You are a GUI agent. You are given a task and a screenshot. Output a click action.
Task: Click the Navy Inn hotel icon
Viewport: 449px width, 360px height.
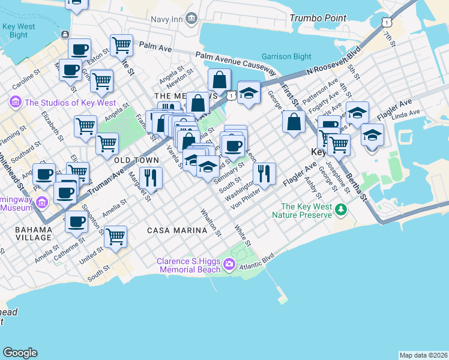point(191,19)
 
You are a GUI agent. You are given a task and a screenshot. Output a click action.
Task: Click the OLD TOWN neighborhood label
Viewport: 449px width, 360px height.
point(136,160)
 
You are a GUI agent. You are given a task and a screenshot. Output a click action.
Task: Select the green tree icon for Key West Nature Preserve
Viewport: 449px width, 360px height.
point(341,209)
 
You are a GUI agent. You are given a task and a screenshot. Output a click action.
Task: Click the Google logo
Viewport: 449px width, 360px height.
point(20,353)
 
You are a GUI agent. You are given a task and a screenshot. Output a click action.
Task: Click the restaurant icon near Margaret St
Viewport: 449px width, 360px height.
point(151,177)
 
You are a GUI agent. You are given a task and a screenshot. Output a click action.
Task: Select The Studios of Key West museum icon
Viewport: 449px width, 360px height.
point(15,103)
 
